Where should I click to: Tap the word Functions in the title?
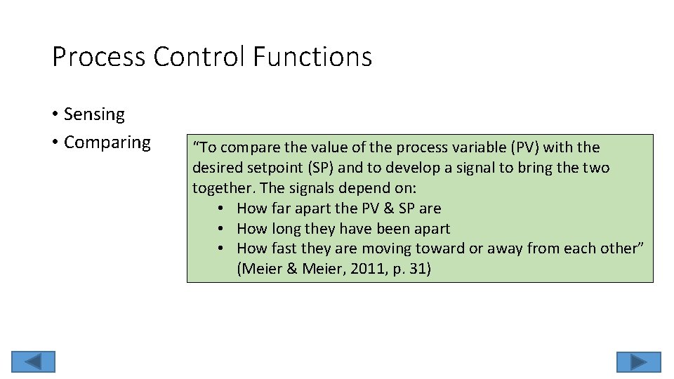[x=312, y=57]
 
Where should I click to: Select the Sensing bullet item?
[x=93, y=114]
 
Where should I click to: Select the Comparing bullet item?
[x=107, y=142]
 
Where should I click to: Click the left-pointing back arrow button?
[x=32, y=361]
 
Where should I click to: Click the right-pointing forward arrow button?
[x=638, y=361]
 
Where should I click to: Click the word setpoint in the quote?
[x=268, y=168]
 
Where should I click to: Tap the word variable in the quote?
[x=472, y=147]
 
